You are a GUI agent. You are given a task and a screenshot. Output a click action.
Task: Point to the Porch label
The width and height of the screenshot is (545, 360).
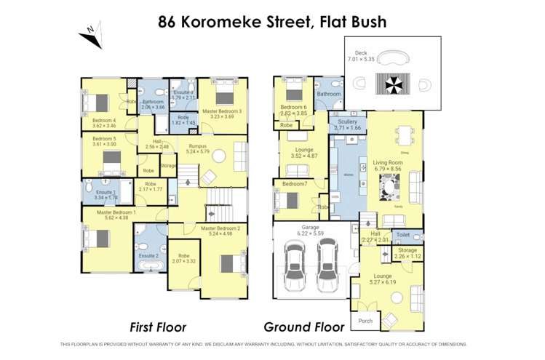tap(365, 321)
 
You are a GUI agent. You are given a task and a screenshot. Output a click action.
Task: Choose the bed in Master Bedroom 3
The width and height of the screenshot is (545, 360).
tap(224, 97)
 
